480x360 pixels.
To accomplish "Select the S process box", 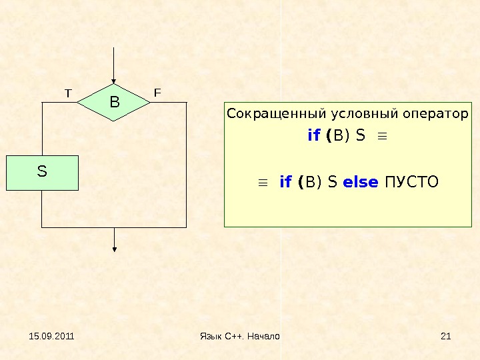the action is click(x=43, y=173).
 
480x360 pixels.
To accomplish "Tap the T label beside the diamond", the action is click(x=67, y=93).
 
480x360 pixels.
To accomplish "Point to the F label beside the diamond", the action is click(x=157, y=93).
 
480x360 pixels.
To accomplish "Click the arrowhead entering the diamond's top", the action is click(x=115, y=81).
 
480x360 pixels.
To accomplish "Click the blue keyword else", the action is click(x=361, y=181).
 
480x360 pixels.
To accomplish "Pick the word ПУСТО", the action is click(x=413, y=181).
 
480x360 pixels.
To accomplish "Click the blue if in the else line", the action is click(x=286, y=181).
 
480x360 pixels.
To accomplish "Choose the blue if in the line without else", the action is click(x=314, y=136).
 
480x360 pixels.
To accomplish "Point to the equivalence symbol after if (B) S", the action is click(x=382, y=137).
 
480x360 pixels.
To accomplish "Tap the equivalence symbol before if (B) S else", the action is click(x=263, y=182).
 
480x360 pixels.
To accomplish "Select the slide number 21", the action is click(x=446, y=336).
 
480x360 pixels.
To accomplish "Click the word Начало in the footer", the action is click(x=263, y=336).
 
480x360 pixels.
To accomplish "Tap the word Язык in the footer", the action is click(x=211, y=336).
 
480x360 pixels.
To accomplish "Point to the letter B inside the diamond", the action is click(x=114, y=103).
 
